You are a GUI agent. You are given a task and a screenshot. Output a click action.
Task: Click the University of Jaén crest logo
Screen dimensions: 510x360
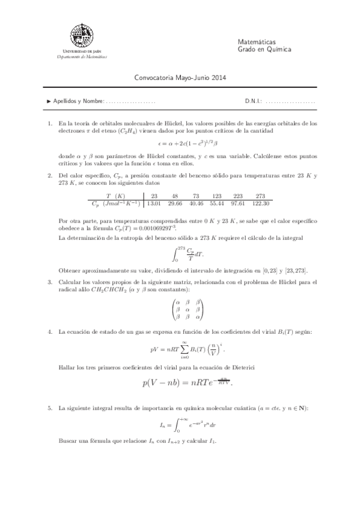pos(82,37)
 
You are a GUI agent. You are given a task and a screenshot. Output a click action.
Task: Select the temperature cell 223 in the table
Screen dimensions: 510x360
pos(239,180)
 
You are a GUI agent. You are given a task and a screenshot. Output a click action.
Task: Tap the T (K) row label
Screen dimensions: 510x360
pos(115,180)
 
